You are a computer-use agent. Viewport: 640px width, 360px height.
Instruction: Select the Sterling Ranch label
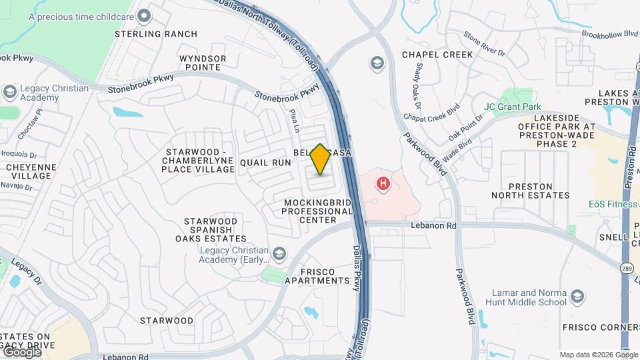click(x=156, y=34)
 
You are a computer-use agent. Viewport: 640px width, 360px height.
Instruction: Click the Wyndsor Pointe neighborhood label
click(x=203, y=63)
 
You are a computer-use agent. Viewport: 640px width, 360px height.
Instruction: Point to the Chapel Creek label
click(x=437, y=54)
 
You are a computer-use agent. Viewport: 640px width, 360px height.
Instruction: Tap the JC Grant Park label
click(x=512, y=107)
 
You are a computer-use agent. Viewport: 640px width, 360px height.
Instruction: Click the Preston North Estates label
click(x=531, y=191)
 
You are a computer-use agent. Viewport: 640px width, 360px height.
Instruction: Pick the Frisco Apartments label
click(x=317, y=276)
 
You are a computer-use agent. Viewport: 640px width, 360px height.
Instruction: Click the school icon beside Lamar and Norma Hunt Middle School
click(x=577, y=297)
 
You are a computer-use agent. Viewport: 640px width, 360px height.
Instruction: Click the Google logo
click(x=21, y=351)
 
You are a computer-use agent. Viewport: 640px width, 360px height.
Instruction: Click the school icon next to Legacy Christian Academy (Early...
click(x=279, y=254)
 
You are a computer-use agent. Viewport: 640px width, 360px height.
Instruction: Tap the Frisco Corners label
click(x=610, y=327)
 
